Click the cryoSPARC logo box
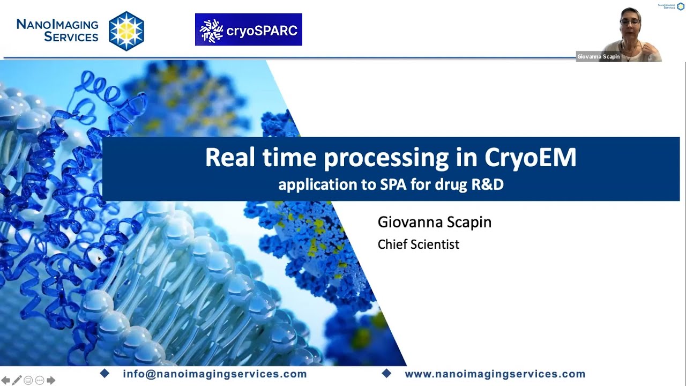click(248, 29)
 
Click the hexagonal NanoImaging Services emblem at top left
click(126, 31)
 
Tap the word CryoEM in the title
click(530, 158)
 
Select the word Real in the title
click(230, 158)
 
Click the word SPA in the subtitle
click(393, 184)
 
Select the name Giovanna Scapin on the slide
click(434, 222)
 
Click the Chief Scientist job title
click(418, 244)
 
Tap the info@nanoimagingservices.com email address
click(214, 374)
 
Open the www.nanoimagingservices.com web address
click(495, 374)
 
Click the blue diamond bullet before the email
click(105, 374)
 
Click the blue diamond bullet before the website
click(386, 374)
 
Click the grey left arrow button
click(5, 380)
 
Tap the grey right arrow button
click(51, 380)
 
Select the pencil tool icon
click(17, 380)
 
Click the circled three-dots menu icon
click(39, 380)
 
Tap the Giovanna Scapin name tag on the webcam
click(598, 57)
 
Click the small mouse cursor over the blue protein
click(99, 259)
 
